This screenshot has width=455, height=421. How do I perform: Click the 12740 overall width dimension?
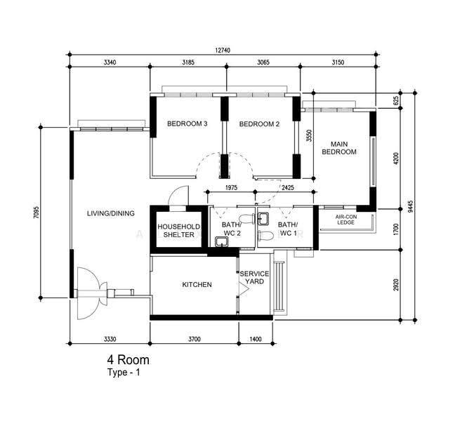pos(223,51)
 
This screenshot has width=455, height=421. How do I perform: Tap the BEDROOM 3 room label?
pos(187,123)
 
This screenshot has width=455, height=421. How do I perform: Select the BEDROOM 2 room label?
pos(259,124)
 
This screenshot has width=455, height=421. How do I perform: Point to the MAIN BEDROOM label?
pos(339,148)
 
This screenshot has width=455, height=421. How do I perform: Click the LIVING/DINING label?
pos(111,213)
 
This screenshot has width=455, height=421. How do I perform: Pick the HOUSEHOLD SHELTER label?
pos(179,231)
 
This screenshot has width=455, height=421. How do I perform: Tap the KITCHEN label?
pos(197,285)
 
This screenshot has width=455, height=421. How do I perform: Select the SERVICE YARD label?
pos(254,278)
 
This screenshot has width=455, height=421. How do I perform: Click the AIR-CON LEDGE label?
pos(346,220)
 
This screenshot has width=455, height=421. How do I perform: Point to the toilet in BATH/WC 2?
pos(246,219)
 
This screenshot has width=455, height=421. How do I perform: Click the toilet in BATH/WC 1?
pos(266,236)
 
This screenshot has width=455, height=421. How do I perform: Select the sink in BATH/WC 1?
pos(263,218)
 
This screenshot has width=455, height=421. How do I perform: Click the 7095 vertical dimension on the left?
pos(36,212)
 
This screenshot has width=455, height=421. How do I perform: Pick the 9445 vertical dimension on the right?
pos(410,206)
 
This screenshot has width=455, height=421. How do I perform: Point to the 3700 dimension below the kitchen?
pos(194,339)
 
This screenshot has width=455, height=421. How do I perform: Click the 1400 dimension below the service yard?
pos(256,339)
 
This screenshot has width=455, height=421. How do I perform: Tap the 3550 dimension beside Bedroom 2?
pos(310,135)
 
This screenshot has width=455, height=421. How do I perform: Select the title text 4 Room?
pos(128,360)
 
